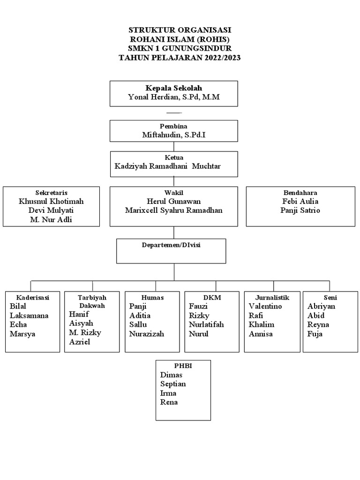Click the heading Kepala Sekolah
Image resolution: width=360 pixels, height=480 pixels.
[174, 88]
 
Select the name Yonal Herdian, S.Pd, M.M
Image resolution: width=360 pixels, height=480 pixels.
[174, 97]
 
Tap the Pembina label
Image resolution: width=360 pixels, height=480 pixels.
[174, 127]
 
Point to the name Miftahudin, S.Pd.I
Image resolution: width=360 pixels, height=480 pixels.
[174, 135]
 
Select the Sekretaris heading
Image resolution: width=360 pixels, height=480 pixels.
[51, 193]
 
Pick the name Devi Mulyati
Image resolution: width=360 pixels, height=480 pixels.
[51, 210]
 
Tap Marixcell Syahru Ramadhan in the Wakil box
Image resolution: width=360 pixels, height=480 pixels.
[174, 210]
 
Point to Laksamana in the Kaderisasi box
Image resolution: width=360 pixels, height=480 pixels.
[29, 315]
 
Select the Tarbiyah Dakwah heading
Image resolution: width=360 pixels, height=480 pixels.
[92, 301]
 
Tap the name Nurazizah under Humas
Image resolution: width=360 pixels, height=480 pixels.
[147, 334]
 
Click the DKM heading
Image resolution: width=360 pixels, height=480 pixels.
[212, 297]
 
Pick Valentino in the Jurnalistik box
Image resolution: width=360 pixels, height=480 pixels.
[265, 306]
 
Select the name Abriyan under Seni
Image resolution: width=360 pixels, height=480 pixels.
[322, 306]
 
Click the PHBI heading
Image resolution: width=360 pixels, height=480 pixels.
[183, 366]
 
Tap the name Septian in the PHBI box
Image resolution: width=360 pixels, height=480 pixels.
[173, 384]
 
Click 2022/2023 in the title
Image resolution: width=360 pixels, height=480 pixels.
[220, 58]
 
